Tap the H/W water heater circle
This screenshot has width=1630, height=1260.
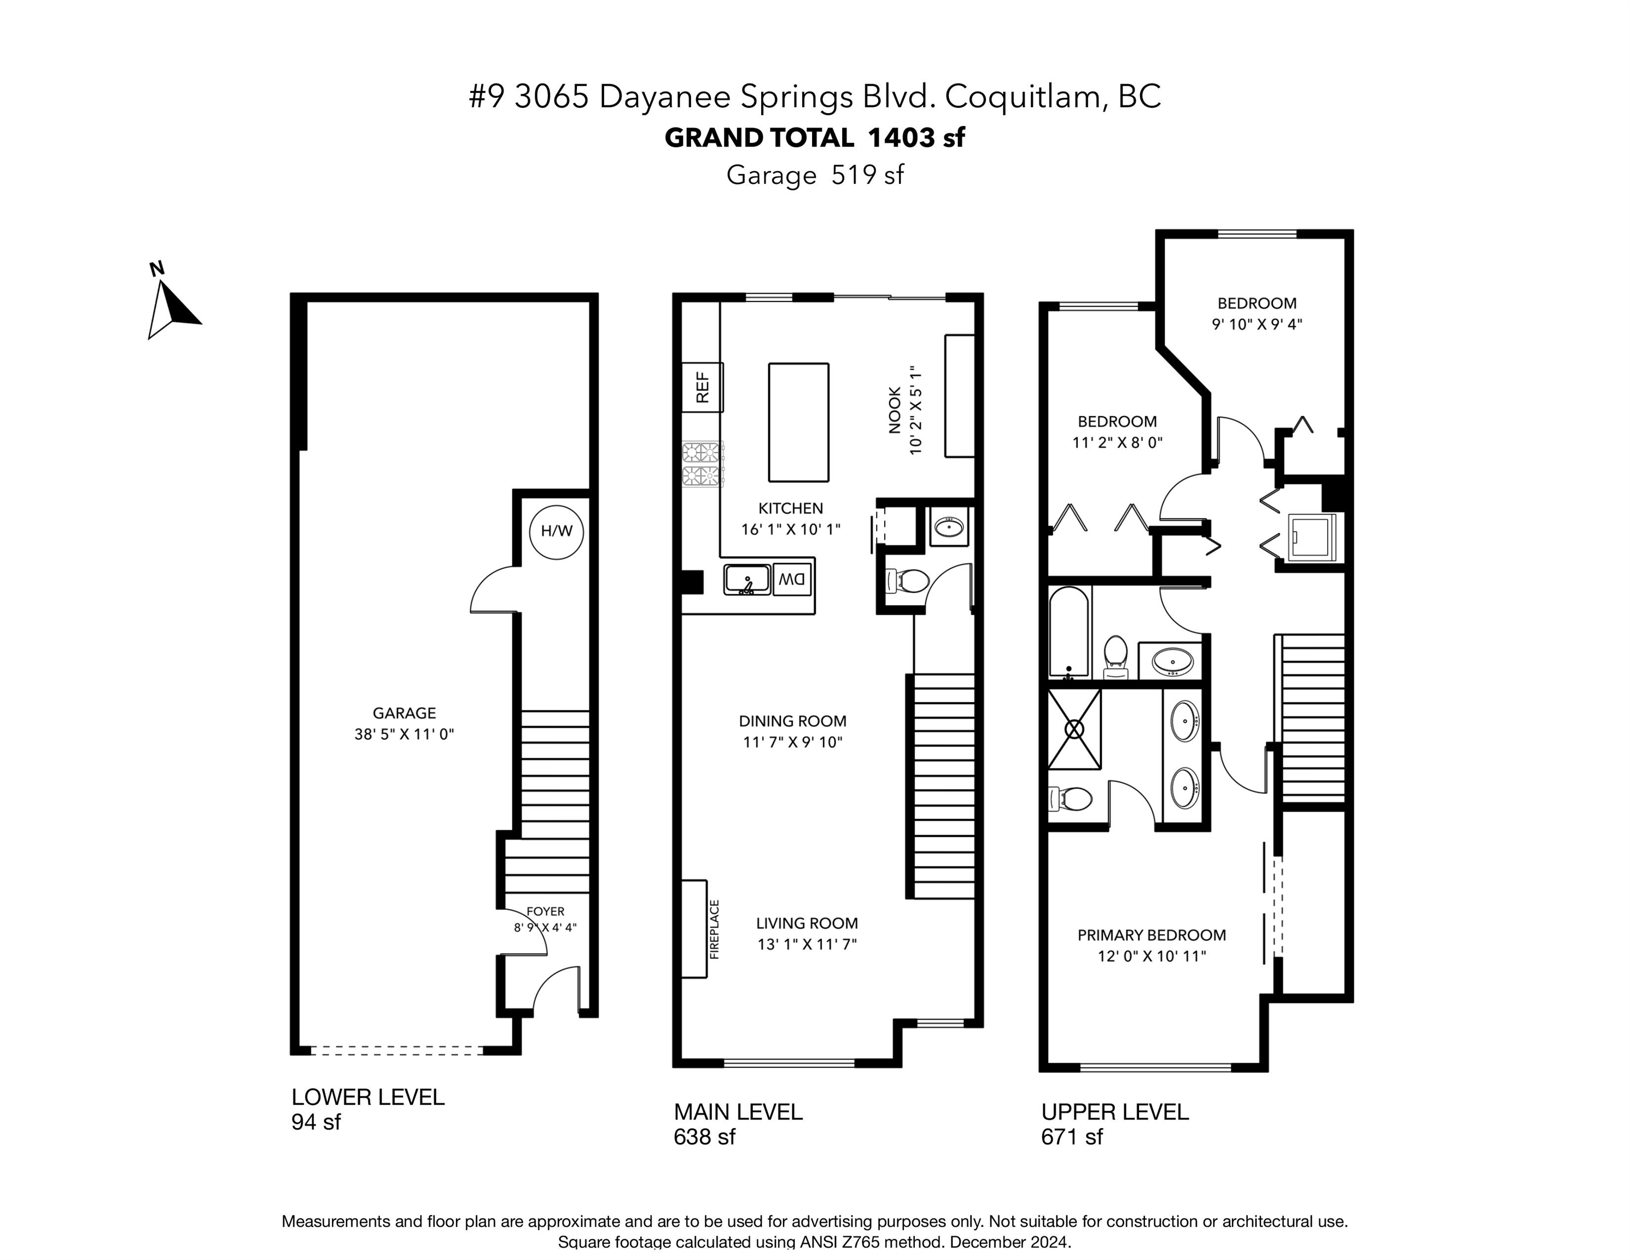click(x=556, y=532)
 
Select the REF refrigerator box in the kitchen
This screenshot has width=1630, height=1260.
click(x=702, y=387)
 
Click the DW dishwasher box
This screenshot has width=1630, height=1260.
click(x=792, y=579)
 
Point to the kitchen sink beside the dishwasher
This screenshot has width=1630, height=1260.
click(x=747, y=579)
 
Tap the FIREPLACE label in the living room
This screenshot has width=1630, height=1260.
click(x=714, y=929)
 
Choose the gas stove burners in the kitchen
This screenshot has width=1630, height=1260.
click(x=702, y=464)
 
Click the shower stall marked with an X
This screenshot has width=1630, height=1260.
click(x=1074, y=730)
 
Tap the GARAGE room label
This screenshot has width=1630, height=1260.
click(x=405, y=714)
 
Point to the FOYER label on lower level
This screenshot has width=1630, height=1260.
click(x=546, y=912)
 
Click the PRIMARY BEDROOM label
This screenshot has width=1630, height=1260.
click(x=1152, y=935)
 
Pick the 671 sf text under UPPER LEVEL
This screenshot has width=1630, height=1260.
click(x=1072, y=1137)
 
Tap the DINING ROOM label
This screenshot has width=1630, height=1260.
click(x=793, y=721)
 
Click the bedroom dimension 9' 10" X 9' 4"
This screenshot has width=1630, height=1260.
click(x=1257, y=324)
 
